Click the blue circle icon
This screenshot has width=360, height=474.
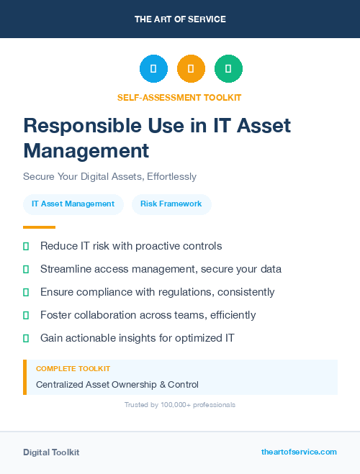(153, 69)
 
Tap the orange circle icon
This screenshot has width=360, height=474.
(191, 69)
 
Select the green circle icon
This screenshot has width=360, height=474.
(228, 69)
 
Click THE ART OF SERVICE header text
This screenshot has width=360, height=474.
(180, 19)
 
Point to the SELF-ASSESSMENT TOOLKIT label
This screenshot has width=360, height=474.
(179, 97)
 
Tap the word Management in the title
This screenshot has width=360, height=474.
(86, 151)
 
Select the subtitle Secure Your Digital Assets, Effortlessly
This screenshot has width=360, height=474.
(109, 176)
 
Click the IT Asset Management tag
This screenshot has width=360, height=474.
(73, 204)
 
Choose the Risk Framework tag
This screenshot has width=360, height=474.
(171, 204)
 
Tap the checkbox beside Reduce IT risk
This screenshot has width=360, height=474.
(26, 246)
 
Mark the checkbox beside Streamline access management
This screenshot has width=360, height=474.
(26, 269)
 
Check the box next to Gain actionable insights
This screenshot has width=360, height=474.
(26, 338)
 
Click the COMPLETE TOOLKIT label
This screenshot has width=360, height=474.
(73, 369)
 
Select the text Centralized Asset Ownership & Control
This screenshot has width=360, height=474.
(117, 385)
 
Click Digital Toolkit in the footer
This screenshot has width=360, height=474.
(51, 452)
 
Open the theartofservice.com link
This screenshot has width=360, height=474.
(299, 452)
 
